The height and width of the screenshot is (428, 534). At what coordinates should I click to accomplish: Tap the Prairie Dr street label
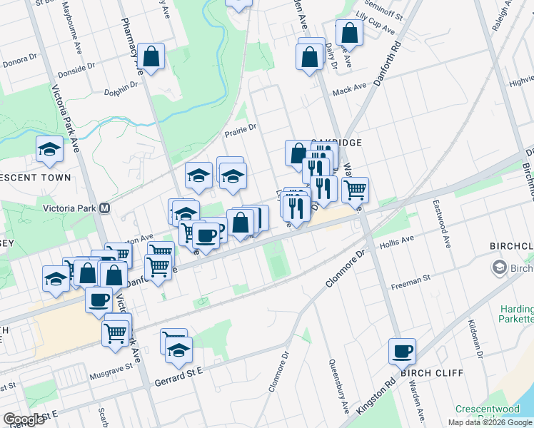coord(240,132)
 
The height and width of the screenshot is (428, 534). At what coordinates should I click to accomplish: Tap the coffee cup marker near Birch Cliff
coord(402,350)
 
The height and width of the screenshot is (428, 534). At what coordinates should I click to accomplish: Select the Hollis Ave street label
coord(398,243)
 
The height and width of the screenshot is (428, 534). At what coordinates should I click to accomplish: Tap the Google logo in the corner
coord(24,419)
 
